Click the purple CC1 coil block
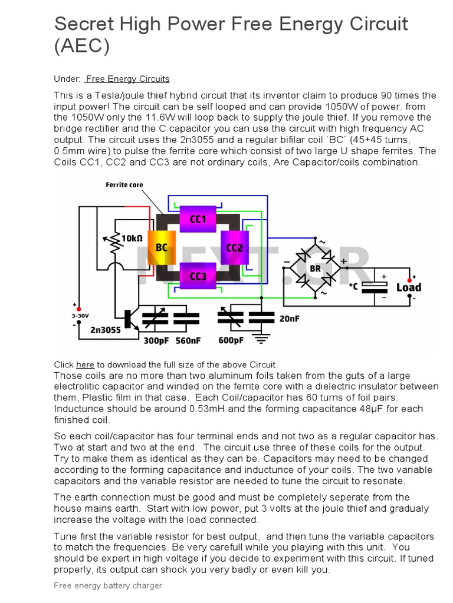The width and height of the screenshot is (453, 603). click(198, 219)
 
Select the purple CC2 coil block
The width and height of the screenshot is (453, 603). click(235, 247)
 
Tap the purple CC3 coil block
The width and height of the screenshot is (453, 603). click(198, 276)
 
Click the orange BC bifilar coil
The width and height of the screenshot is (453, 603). click(161, 247)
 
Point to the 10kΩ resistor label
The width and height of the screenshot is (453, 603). click(132, 238)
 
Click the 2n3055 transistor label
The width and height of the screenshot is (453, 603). click(106, 330)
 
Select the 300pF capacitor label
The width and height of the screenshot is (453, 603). click(156, 340)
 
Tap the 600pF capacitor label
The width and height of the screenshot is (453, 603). click(231, 340)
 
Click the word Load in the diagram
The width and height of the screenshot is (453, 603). click(408, 287)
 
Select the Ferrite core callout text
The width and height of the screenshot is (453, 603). click(124, 185)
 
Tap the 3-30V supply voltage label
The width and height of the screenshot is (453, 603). click(80, 316)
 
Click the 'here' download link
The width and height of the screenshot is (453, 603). click(85, 365)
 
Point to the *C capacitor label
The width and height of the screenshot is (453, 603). click(353, 286)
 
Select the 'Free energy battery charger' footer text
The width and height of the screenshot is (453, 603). click(107, 585)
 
